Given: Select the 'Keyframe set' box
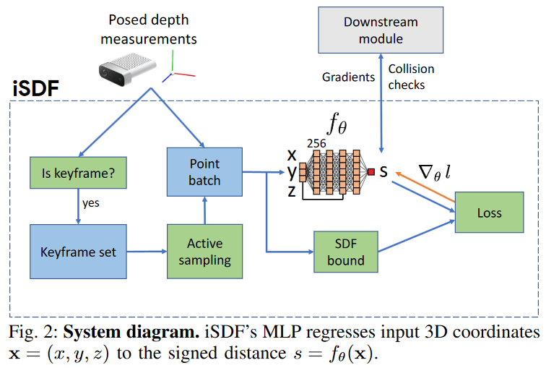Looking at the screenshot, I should (77, 251).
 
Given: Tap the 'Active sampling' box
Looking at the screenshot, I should (204, 251).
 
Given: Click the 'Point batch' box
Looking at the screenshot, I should (204, 172).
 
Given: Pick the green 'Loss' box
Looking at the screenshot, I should (488, 213).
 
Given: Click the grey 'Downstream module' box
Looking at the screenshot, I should (380, 30).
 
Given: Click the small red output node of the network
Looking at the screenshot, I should (370, 172).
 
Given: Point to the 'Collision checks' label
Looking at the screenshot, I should (411, 77).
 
